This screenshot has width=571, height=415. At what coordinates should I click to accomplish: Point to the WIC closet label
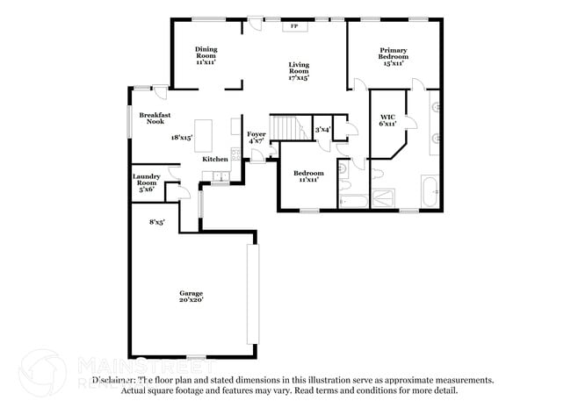[387, 120]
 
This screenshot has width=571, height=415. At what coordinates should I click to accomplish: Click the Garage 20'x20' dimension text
[192, 300]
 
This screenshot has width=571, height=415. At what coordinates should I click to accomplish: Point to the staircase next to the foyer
[286, 129]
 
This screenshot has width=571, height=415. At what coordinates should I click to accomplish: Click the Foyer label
[257, 137]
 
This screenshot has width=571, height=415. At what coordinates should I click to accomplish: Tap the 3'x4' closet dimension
[322, 129]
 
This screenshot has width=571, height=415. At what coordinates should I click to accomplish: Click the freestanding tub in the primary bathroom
[430, 191]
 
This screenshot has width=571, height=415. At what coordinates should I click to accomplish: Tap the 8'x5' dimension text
[157, 222]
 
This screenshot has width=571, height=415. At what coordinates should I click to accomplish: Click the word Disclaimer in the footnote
[116, 380]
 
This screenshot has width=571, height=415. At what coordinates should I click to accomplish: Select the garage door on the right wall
[253, 294]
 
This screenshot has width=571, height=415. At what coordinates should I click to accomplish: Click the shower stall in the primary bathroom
[385, 194]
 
